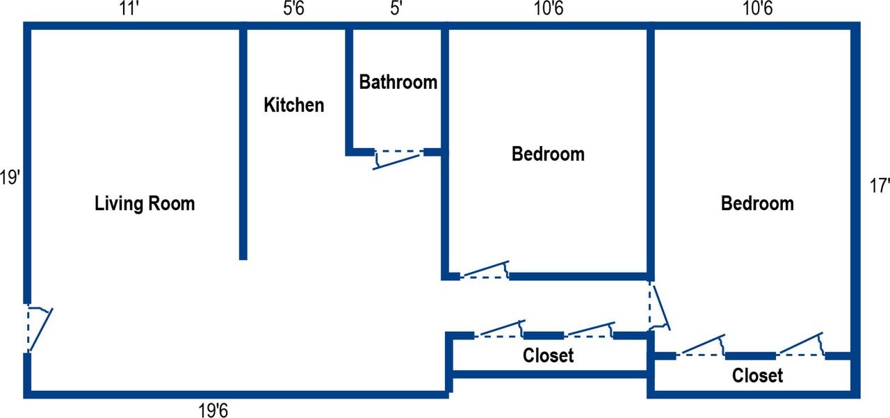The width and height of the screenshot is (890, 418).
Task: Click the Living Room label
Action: pyautogui.click(x=145, y=204)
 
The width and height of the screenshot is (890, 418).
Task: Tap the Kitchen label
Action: pyautogui.click(x=293, y=105)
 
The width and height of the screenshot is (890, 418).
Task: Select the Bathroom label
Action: pyautogui.click(x=398, y=82)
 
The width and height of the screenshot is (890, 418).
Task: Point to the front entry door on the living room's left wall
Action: pyautogui.click(x=38, y=328)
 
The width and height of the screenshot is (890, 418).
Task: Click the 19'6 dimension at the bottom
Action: pyautogui.click(x=213, y=410)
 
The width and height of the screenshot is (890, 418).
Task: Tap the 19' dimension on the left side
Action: pyautogui.click(x=10, y=178)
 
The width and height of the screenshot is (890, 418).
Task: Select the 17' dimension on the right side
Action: pyautogui.click(x=880, y=186)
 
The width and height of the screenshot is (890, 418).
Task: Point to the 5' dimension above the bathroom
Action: pyautogui.click(x=396, y=10)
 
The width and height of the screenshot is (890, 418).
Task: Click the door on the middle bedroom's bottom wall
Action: pyautogui.click(x=485, y=270)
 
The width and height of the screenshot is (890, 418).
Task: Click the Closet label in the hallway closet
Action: pyautogui.click(x=548, y=356)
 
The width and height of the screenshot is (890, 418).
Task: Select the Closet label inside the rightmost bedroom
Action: pyautogui.click(x=757, y=376)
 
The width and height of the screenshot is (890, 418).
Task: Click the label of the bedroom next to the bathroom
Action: pyautogui.click(x=548, y=154)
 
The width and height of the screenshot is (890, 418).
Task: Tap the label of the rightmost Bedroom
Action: pyautogui.click(x=757, y=204)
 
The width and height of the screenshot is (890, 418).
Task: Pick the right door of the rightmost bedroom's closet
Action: pyautogui.click(x=801, y=345)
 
